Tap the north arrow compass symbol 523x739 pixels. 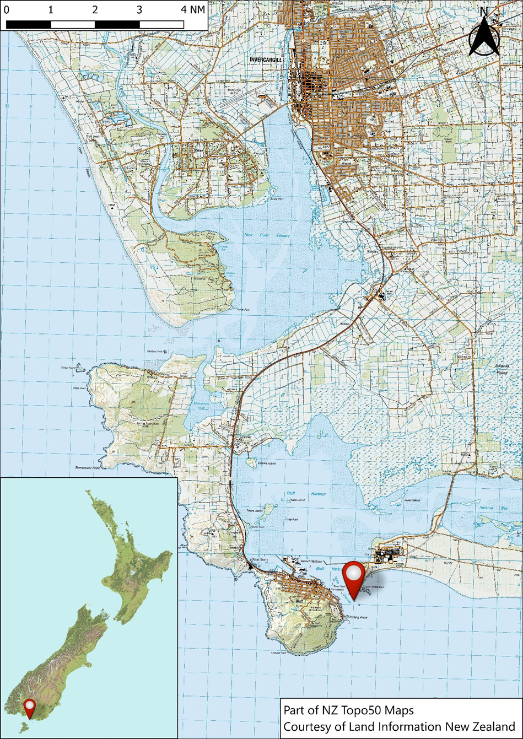[484, 38]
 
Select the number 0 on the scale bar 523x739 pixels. [7, 10]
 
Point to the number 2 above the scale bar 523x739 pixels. [95, 10]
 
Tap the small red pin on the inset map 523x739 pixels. [29, 707]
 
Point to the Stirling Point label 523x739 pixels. [358, 617]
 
